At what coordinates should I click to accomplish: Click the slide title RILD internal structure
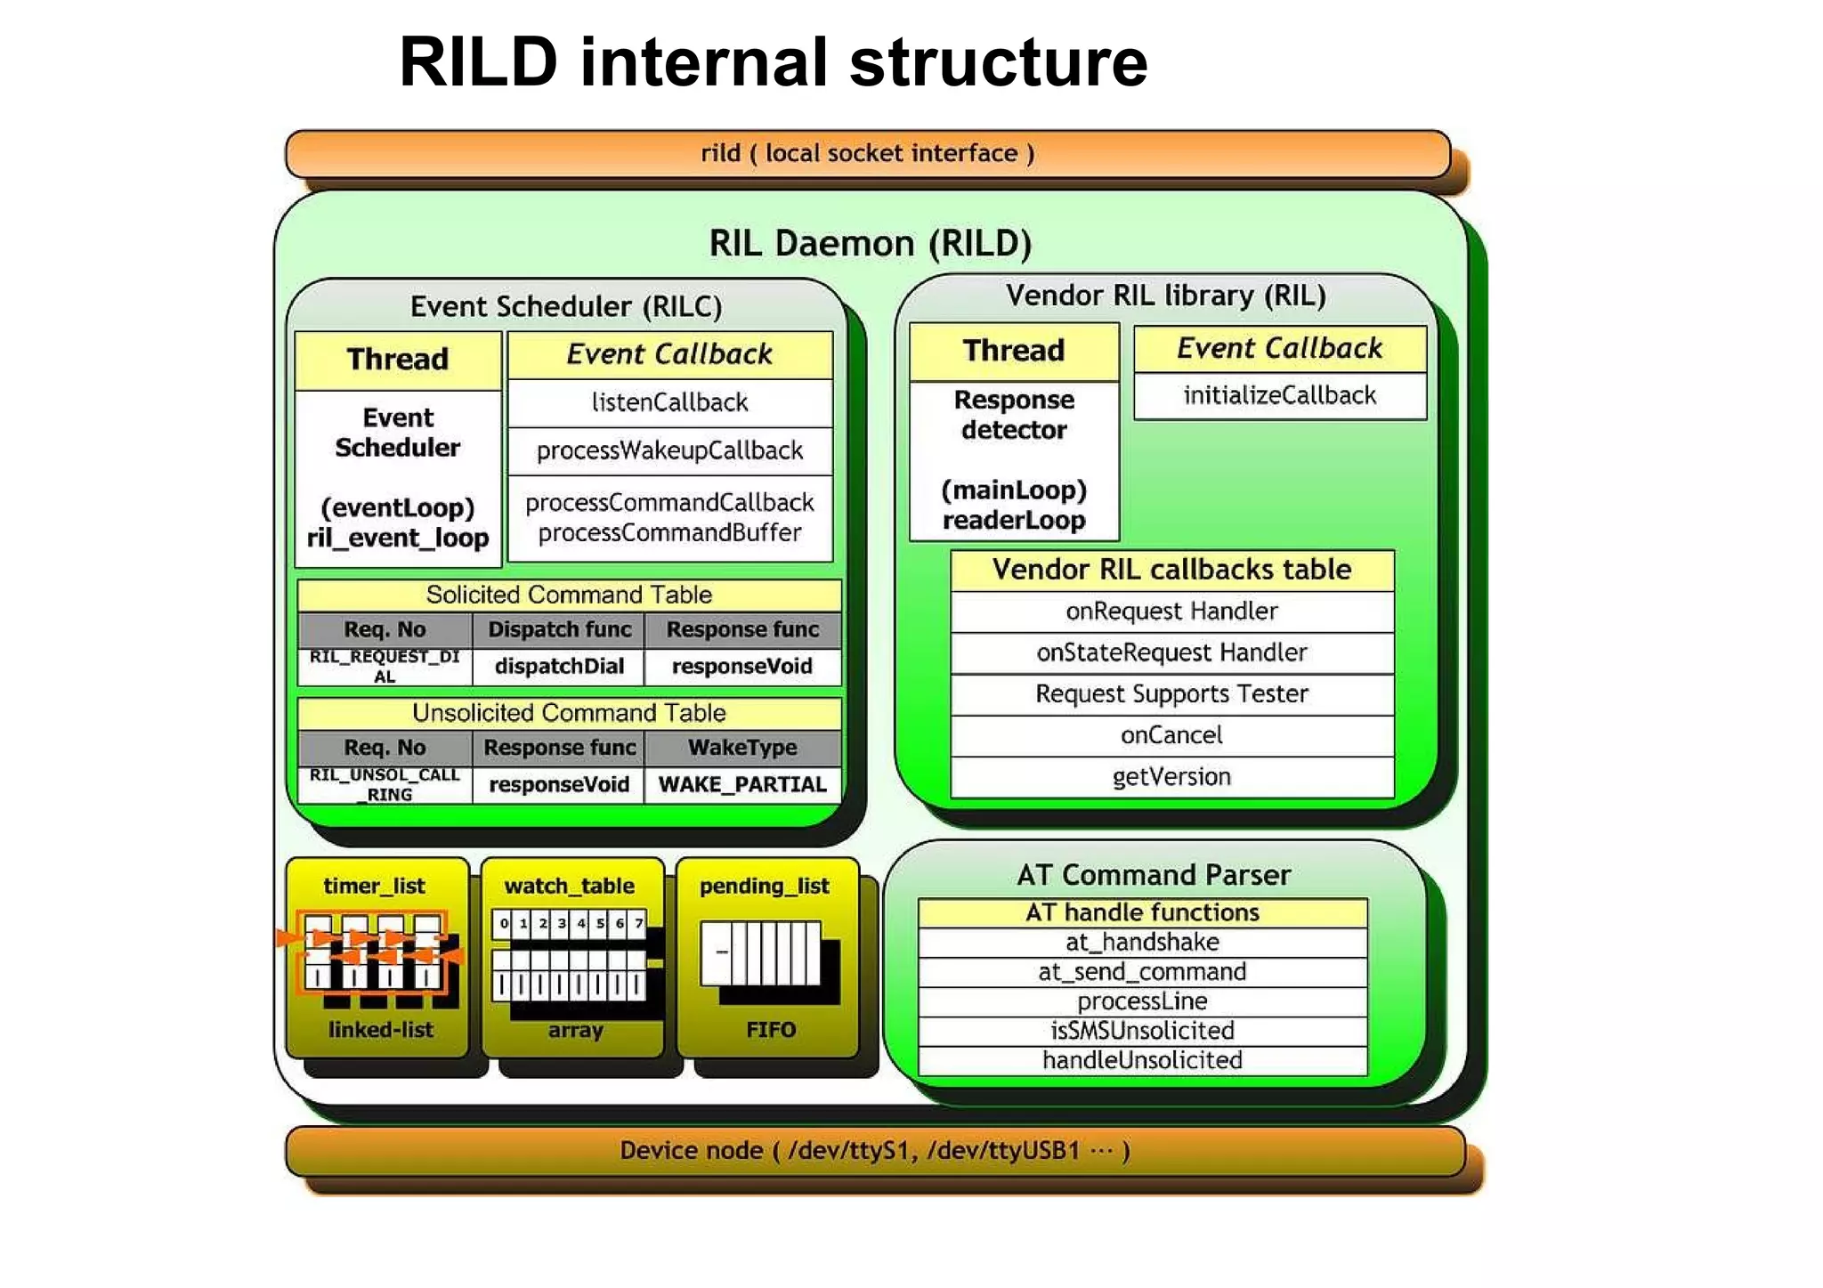click(773, 62)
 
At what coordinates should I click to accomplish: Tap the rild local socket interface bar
click(868, 153)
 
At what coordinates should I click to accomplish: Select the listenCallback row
click(669, 402)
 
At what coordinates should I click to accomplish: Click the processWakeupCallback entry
click(669, 450)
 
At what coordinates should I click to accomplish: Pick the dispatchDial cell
click(559, 666)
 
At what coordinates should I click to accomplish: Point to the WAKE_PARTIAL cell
click(742, 784)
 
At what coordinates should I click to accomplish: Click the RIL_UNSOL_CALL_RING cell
click(385, 784)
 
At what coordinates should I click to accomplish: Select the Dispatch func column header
click(559, 629)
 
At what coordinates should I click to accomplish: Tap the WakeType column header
click(742, 748)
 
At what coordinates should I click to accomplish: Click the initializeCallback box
click(1279, 395)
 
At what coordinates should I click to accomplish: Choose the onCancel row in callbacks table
click(1171, 735)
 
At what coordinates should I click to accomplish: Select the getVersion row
click(1171, 777)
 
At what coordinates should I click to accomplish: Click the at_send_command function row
click(1142, 972)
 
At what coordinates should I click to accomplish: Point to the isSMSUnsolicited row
click(1142, 1031)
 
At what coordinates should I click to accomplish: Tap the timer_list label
click(374, 886)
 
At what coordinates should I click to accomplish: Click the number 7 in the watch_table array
click(638, 923)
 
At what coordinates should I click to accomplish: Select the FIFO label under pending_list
click(771, 1030)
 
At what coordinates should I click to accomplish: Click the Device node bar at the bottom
click(875, 1150)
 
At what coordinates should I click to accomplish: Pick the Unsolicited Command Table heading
click(569, 713)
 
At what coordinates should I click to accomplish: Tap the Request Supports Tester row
click(1171, 693)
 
